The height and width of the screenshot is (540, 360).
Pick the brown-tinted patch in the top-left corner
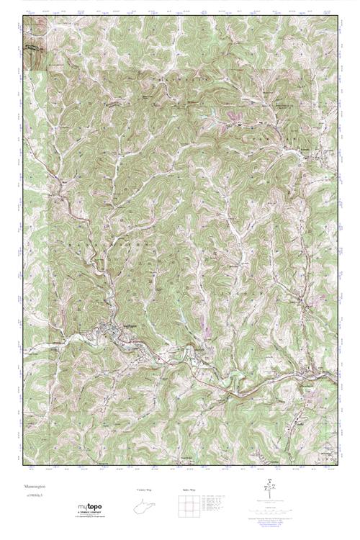[x=35, y=55]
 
